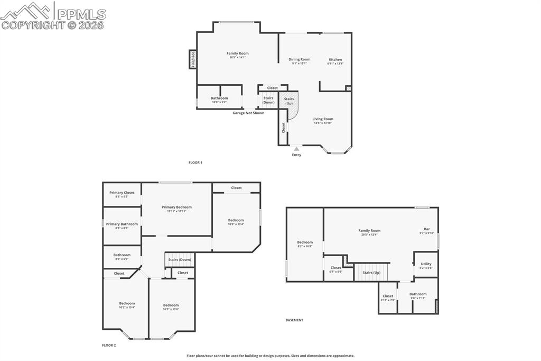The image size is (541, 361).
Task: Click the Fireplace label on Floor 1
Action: (x=193, y=59)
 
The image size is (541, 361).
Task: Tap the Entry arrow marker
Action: (x=296, y=149)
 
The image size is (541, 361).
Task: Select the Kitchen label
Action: (x=335, y=59)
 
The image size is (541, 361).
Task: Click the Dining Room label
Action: (x=299, y=59)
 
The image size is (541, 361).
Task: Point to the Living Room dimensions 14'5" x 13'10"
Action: (x=322, y=123)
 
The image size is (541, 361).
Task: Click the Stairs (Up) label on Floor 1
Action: (x=289, y=101)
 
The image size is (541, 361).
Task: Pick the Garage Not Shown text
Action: (x=248, y=113)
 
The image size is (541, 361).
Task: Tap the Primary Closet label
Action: (x=122, y=193)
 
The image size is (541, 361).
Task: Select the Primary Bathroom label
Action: (x=122, y=224)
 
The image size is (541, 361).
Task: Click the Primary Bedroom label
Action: (x=176, y=207)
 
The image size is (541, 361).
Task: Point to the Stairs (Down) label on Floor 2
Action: (x=180, y=260)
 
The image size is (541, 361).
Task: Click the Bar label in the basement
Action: (x=426, y=229)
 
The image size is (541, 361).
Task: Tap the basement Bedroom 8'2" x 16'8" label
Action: (x=305, y=242)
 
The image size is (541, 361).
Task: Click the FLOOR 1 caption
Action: (x=195, y=163)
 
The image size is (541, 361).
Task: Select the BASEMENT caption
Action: (x=294, y=320)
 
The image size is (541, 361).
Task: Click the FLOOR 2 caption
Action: (x=109, y=345)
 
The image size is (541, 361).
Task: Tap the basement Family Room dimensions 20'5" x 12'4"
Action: (x=369, y=234)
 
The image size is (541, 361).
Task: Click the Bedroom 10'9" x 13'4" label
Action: (x=236, y=220)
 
